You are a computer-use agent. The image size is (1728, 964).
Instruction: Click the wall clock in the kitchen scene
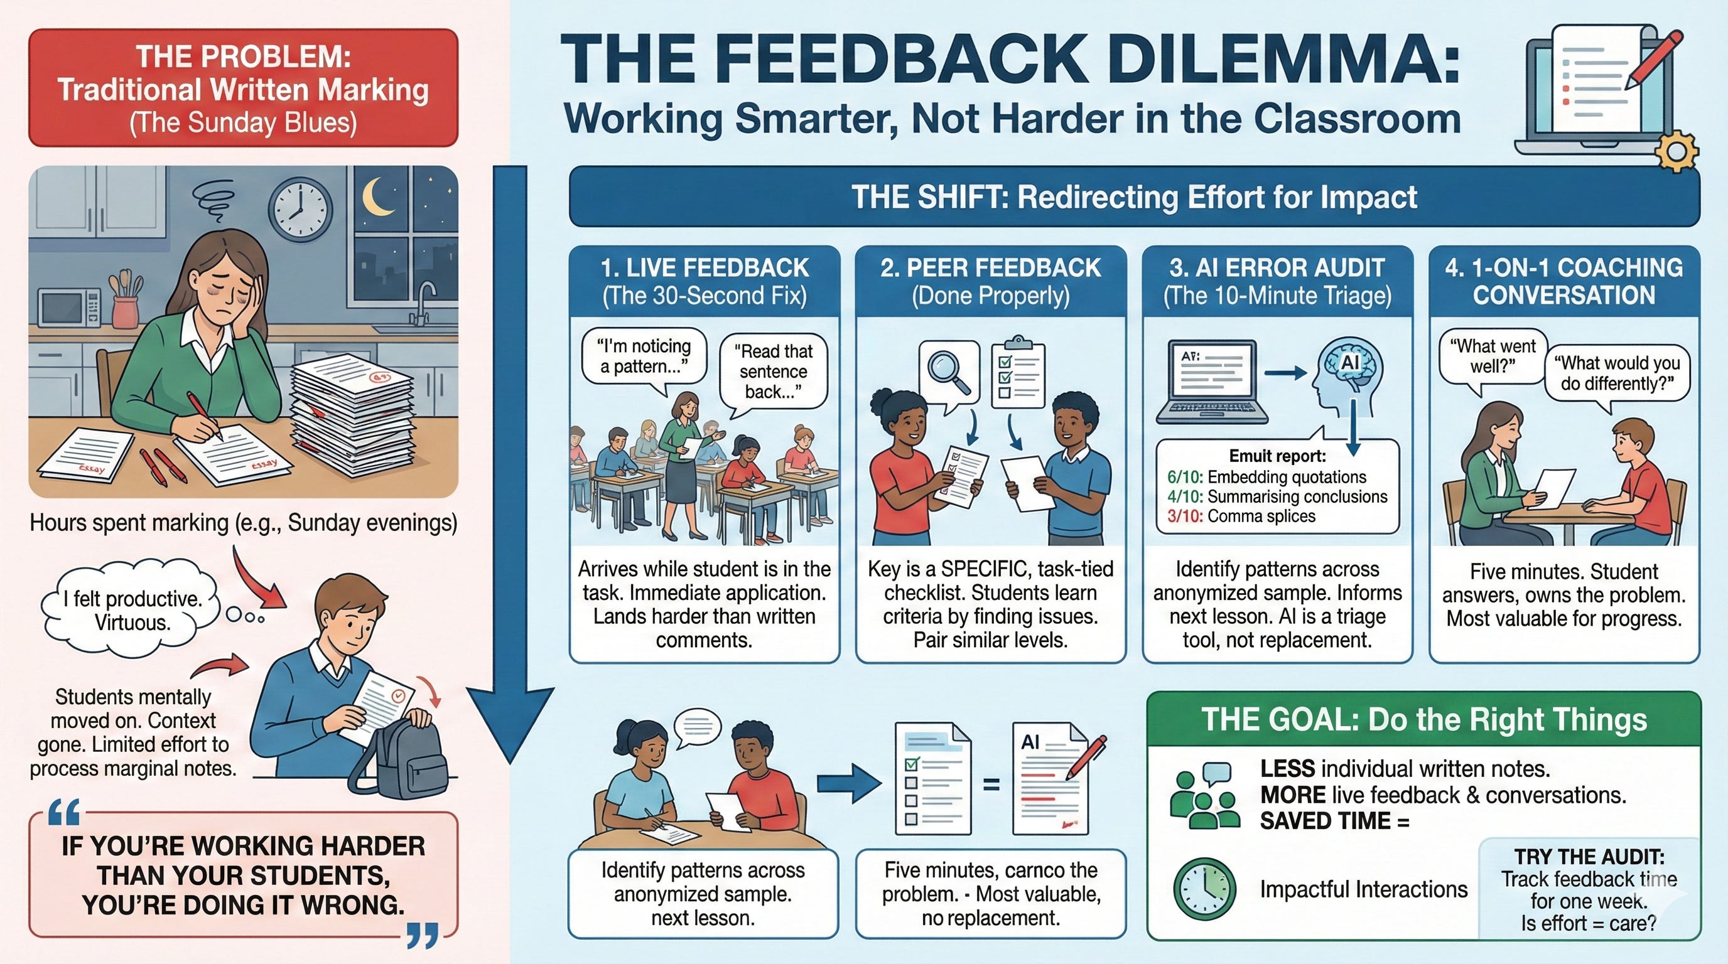click(300, 210)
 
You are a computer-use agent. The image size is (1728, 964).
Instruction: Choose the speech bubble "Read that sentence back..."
click(774, 371)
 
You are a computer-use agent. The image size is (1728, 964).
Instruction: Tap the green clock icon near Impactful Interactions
click(1204, 888)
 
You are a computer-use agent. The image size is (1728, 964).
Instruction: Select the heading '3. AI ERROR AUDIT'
click(1277, 268)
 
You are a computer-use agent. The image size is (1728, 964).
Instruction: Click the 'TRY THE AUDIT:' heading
click(1589, 856)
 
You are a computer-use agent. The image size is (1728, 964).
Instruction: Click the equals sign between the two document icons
click(991, 785)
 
